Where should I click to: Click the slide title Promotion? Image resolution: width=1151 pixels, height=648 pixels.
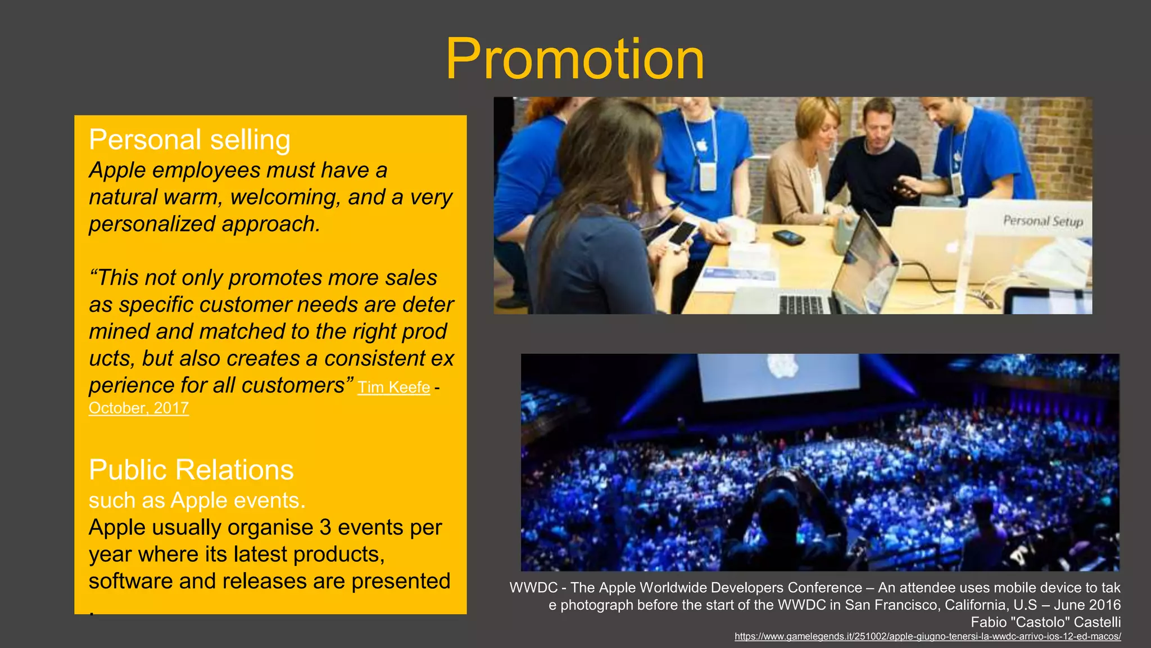pos(575,60)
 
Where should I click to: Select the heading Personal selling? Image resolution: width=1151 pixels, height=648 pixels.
pos(189,139)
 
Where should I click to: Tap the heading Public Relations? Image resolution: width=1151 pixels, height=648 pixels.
pos(191,470)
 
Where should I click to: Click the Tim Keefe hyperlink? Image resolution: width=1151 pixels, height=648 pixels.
pos(393,388)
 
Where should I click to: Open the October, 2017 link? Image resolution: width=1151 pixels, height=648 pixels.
pos(138,408)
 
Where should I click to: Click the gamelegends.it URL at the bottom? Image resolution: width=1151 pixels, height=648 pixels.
pos(927,636)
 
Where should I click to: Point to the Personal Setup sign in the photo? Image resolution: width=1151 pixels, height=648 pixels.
pos(1043,221)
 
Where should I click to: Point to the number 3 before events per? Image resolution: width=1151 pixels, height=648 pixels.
pos(325,528)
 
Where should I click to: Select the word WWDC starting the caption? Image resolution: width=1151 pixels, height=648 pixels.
pos(533,588)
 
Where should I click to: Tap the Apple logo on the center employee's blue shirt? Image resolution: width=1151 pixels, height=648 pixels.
pos(701,146)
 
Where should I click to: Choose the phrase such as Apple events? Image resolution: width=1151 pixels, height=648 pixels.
pos(197,501)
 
